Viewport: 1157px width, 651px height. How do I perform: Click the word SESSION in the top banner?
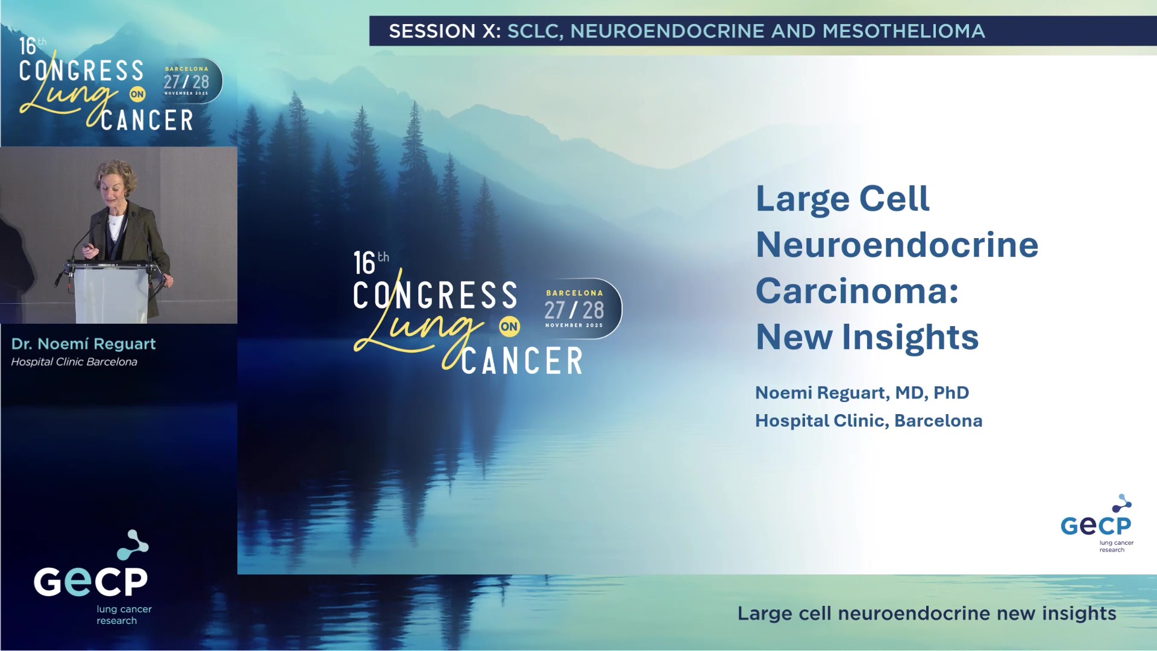click(x=432, y=31)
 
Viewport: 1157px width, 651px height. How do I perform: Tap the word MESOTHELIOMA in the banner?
click(x=903, y=31)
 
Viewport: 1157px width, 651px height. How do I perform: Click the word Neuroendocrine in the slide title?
click(x=897, y=245)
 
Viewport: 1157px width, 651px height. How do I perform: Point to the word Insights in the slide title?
click(x=910, y=337)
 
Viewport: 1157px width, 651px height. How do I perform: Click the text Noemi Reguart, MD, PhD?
click(x=862, y=393)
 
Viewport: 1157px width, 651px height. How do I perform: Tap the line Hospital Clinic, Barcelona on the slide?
click(x=868, y=421)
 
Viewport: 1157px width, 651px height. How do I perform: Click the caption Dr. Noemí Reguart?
click(x=83, y=344)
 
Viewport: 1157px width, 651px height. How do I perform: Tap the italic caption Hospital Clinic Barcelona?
click(x=74, y=362)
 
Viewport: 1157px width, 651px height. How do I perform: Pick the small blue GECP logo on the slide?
click(x=1096, y=524)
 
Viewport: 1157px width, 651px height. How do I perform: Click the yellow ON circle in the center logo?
click(x=509, y=327)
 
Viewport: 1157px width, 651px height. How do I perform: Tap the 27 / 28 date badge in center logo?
click(x=574, y=310)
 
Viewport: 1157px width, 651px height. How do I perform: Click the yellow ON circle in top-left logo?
click(x=137, y=94)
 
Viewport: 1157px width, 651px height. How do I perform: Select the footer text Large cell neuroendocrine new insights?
click(x=927, y=614)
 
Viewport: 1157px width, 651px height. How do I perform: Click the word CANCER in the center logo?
click(x=522, y=361)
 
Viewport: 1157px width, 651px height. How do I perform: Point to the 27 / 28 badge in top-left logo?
click(x=187, y=81)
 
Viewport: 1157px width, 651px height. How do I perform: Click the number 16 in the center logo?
click(x=364, y=264)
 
